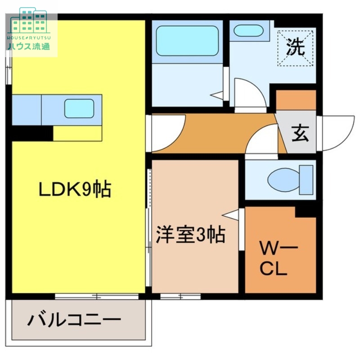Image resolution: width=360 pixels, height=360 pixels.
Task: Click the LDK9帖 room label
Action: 75,190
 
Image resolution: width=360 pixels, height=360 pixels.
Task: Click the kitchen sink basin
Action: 79,108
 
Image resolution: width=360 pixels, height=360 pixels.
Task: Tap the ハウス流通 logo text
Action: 28,46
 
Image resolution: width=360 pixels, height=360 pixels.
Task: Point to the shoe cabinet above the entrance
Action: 296,100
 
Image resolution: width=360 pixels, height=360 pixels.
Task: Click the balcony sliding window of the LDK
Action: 97,296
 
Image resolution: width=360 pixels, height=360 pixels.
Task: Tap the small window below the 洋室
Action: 180,296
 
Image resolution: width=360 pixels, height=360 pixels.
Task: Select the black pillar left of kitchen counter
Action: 31,133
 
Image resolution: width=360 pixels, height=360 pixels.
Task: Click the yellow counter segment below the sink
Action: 77,133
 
